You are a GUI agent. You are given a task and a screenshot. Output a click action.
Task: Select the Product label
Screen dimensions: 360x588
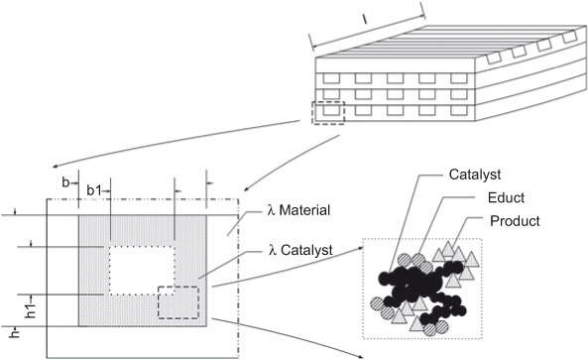[x=516, y=220]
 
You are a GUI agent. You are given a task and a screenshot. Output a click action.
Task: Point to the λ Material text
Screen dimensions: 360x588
[x=303, y=210]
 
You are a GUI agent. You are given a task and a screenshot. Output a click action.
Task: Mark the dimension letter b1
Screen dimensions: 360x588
[x=95, y=189]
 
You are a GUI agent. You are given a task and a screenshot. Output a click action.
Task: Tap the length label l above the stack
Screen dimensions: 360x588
[x=365, y=18]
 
